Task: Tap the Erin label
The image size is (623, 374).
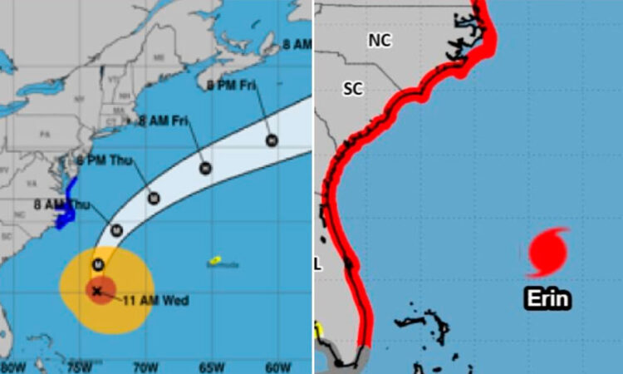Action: pyautogui.click(x=547, y=299)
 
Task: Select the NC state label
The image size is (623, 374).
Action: pyautogui.click(x=380, y=40)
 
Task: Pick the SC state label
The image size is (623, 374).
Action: pyautogui.click(x=353, y=89)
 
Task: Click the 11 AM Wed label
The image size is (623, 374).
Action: pyautogui.click(x=149, y=299)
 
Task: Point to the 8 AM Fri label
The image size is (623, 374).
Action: pyautogui.click(x=163, y=122)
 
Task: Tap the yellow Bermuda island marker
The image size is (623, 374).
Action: pyautogui.click(x=214, y=260)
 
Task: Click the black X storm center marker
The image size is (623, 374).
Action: pyautogui.click(x=98, y=291)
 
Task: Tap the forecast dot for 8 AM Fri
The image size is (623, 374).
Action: pyautogui.click(x=205, y=169)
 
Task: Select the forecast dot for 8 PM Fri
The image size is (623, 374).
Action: pyautogui.click(x=271, y=140)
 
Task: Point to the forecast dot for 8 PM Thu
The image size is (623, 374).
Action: pyautogui.click(x=154, y=198)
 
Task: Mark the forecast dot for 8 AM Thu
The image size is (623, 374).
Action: pyautogui.click(x=117, y=230)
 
